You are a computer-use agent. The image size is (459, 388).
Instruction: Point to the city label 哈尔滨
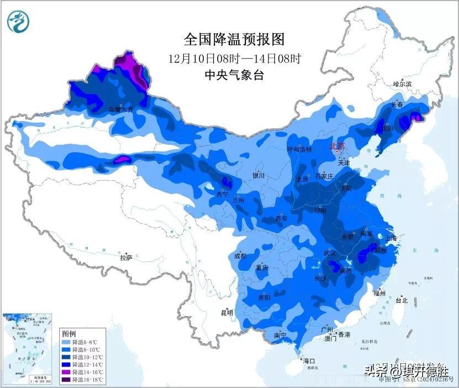pos(402,84)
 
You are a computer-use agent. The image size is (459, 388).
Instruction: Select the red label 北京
pos(337,146)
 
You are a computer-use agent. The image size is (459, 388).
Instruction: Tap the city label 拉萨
pos(126,258)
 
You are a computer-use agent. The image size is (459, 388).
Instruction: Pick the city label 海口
pos(309,361)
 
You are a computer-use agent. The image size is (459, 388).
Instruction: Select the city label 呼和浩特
pos(299,150)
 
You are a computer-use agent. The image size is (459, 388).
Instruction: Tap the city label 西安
pos(281,218)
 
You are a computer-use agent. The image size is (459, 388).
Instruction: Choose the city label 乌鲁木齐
pos(120,109)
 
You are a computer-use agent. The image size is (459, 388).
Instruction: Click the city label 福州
pos(379,293)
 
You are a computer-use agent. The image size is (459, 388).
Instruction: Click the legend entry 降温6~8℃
pos(79,343)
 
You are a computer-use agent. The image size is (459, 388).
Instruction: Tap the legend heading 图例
pos(69,334)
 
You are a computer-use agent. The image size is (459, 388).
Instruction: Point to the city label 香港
pos(344,335)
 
